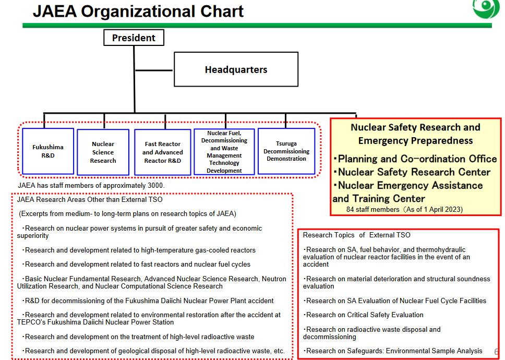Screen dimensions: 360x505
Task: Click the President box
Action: click(x=134, y=38)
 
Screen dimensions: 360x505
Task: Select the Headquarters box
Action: click(x=236, y=69)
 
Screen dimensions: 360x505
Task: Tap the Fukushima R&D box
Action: click(x=47, y=151)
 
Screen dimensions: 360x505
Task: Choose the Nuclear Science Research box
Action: click(x=103, y=152)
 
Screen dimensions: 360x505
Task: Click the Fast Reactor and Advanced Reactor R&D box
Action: click(x=163, y=152)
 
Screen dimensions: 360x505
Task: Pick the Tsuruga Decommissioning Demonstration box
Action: click(x=286, y=151)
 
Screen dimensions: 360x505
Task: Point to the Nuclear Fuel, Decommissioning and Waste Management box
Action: click(x=224, y=152)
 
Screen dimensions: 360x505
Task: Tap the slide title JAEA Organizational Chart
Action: click(x=138, y=11)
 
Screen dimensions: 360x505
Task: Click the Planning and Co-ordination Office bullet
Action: click(x=416, y=159)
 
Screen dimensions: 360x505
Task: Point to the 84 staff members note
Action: click(x=404, y=210)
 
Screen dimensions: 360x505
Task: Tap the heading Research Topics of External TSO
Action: click(x=357, y=235)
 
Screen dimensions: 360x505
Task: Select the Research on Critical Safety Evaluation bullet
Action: click(x=364, y=315)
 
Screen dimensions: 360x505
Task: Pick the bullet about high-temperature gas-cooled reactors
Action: click(x=139, y=250)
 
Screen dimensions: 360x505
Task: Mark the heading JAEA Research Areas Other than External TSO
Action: click(x=90, y=199)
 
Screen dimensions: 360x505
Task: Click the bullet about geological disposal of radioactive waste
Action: click(x=154, y=351)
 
